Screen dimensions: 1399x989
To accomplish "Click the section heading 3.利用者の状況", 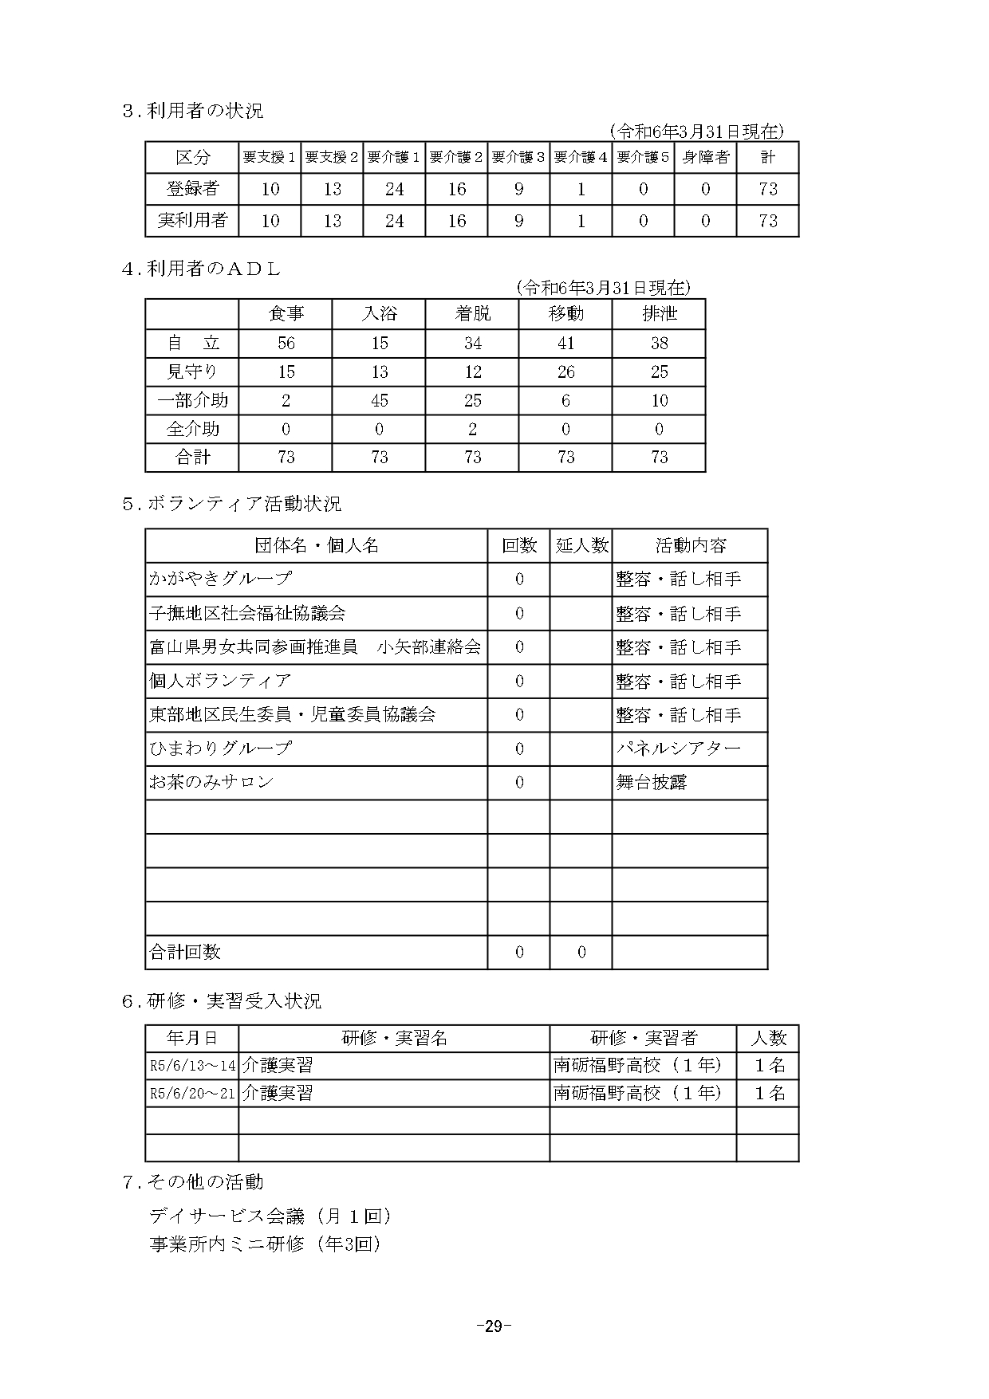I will pos(192,111).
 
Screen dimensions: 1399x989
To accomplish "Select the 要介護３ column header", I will pos(518,158).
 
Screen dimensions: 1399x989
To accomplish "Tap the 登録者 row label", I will pos(192,189).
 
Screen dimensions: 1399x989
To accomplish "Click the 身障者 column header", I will pos(705,158).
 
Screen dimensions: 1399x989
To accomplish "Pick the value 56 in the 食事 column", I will pos(286,344).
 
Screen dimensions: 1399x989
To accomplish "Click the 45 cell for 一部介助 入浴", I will pos(379,400).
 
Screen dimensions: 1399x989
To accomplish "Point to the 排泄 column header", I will pos(659,314).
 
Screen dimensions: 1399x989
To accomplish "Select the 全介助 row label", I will pos(192,429).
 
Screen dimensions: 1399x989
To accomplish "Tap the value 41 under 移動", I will pos(565,344).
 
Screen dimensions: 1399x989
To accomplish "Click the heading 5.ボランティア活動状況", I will pos(231,504).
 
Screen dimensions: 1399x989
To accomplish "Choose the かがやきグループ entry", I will pos(221,579).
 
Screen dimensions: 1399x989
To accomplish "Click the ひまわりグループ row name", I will pos(221,749).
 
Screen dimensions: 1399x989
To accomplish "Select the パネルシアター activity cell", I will pos(679,749).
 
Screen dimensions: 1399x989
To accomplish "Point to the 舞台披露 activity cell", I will pos(652,783).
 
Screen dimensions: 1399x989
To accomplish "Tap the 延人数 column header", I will pos(581,546).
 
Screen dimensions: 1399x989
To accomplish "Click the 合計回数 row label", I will pos(185,952).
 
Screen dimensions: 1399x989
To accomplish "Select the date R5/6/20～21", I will pos(192,1093).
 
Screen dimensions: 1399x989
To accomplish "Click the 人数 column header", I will pos(768,1038).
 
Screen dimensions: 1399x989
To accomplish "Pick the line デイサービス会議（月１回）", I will pos(270,1216).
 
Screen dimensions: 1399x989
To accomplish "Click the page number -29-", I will pos(494,1326).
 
